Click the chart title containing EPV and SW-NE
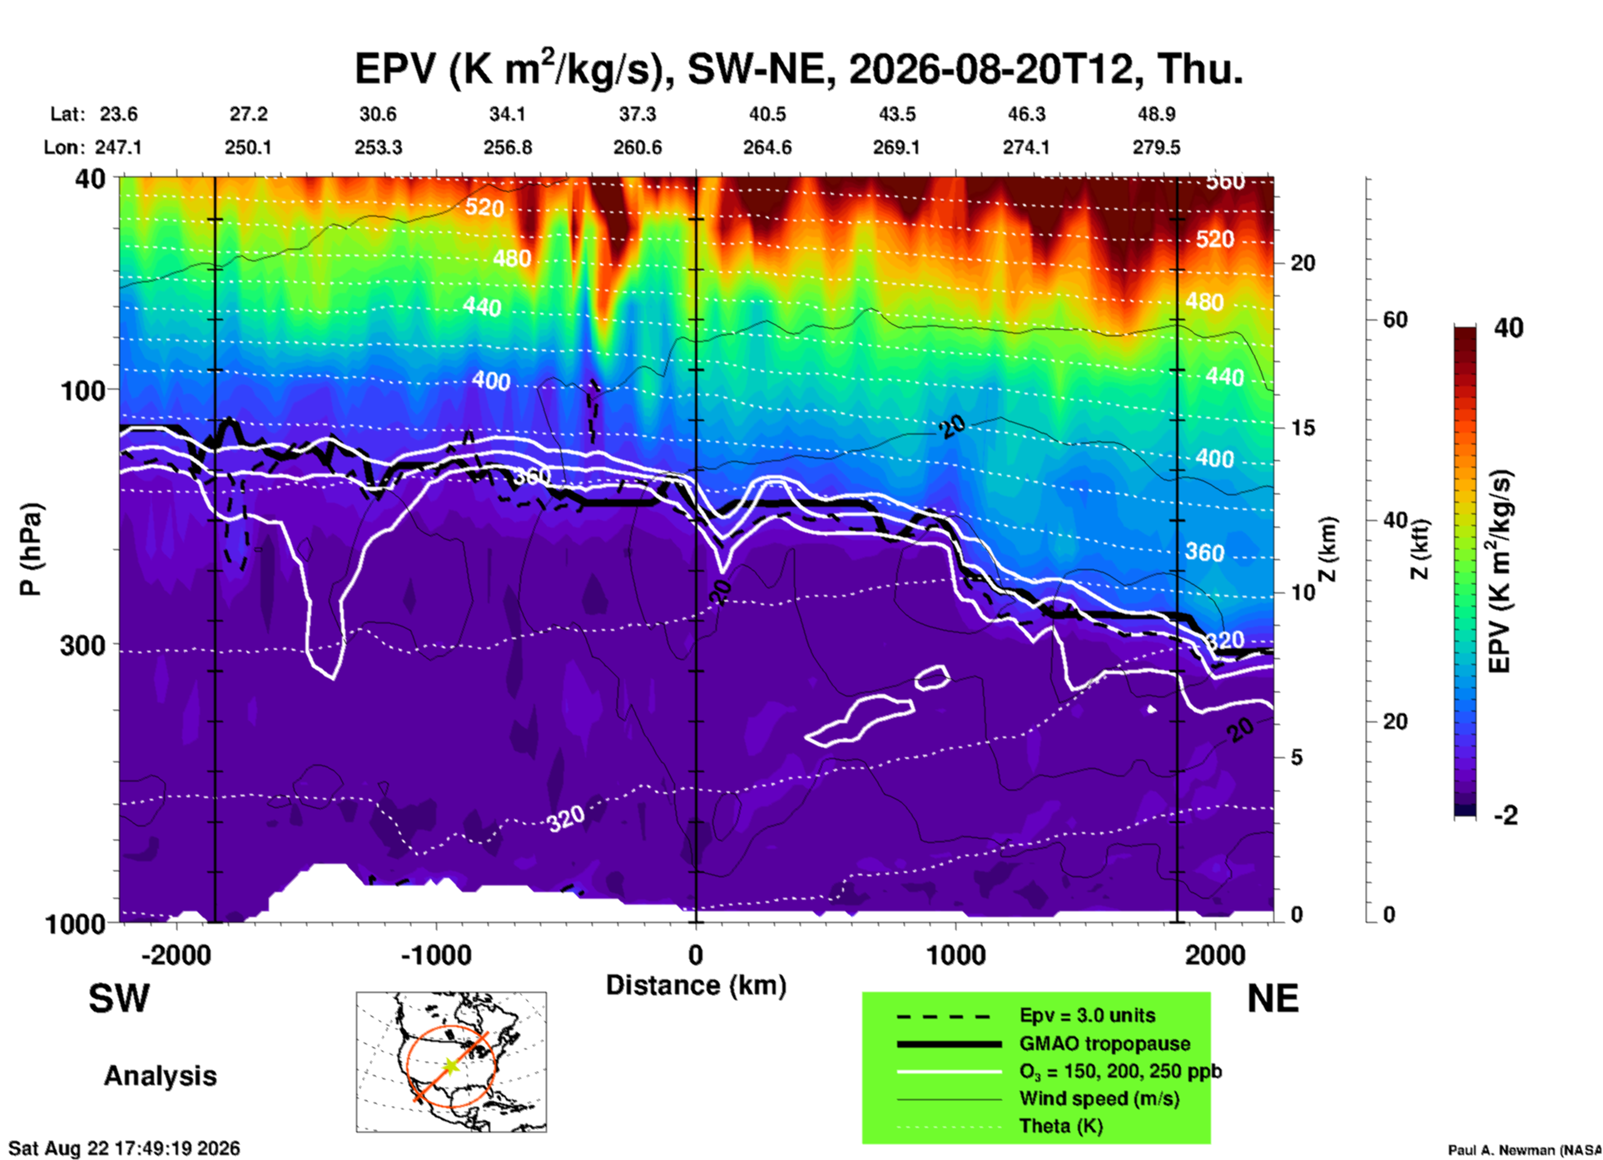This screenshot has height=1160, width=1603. [799, 68]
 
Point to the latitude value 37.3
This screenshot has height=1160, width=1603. [638, 114]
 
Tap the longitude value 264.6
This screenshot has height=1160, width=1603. [767, 147]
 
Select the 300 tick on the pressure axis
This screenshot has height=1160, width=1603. [83, 645]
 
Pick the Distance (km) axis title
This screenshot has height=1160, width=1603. [696, 985]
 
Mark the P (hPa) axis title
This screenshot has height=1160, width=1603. [31, 548]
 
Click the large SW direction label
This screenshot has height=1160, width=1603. [119, 999]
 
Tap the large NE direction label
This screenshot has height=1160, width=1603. [1273, 999]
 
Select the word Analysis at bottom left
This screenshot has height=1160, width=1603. [160, 1076]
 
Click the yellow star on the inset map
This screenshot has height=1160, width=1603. [450, 1065]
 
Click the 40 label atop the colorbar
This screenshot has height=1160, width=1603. [1508, 328]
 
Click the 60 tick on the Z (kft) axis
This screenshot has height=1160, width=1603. [1395, 320]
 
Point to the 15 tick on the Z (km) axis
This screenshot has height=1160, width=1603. [1303, 428]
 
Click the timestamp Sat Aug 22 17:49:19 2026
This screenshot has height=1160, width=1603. [124, 1148]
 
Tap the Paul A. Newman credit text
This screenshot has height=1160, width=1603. [1525, 1150]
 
